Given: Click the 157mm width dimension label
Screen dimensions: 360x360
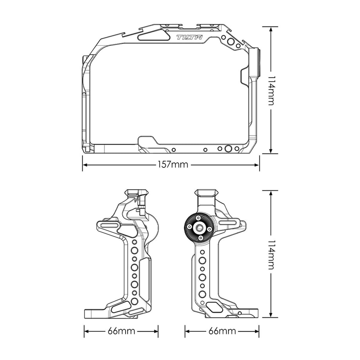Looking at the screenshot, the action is pos(173,165).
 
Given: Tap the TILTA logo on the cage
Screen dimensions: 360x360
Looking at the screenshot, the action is pos(189,37).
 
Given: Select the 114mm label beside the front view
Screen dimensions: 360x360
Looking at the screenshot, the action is pos(272,90).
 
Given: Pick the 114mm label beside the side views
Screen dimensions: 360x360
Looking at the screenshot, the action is pos(272,255).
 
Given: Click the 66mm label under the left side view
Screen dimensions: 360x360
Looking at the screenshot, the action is pos(121,331).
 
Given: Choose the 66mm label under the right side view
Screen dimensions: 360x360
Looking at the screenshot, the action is pos(222,331).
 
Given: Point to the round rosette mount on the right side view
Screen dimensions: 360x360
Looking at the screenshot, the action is pos(199,228).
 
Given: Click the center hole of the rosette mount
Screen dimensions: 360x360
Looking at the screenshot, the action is pos(199,228).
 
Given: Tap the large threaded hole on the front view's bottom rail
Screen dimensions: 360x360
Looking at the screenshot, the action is pos(228,149).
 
